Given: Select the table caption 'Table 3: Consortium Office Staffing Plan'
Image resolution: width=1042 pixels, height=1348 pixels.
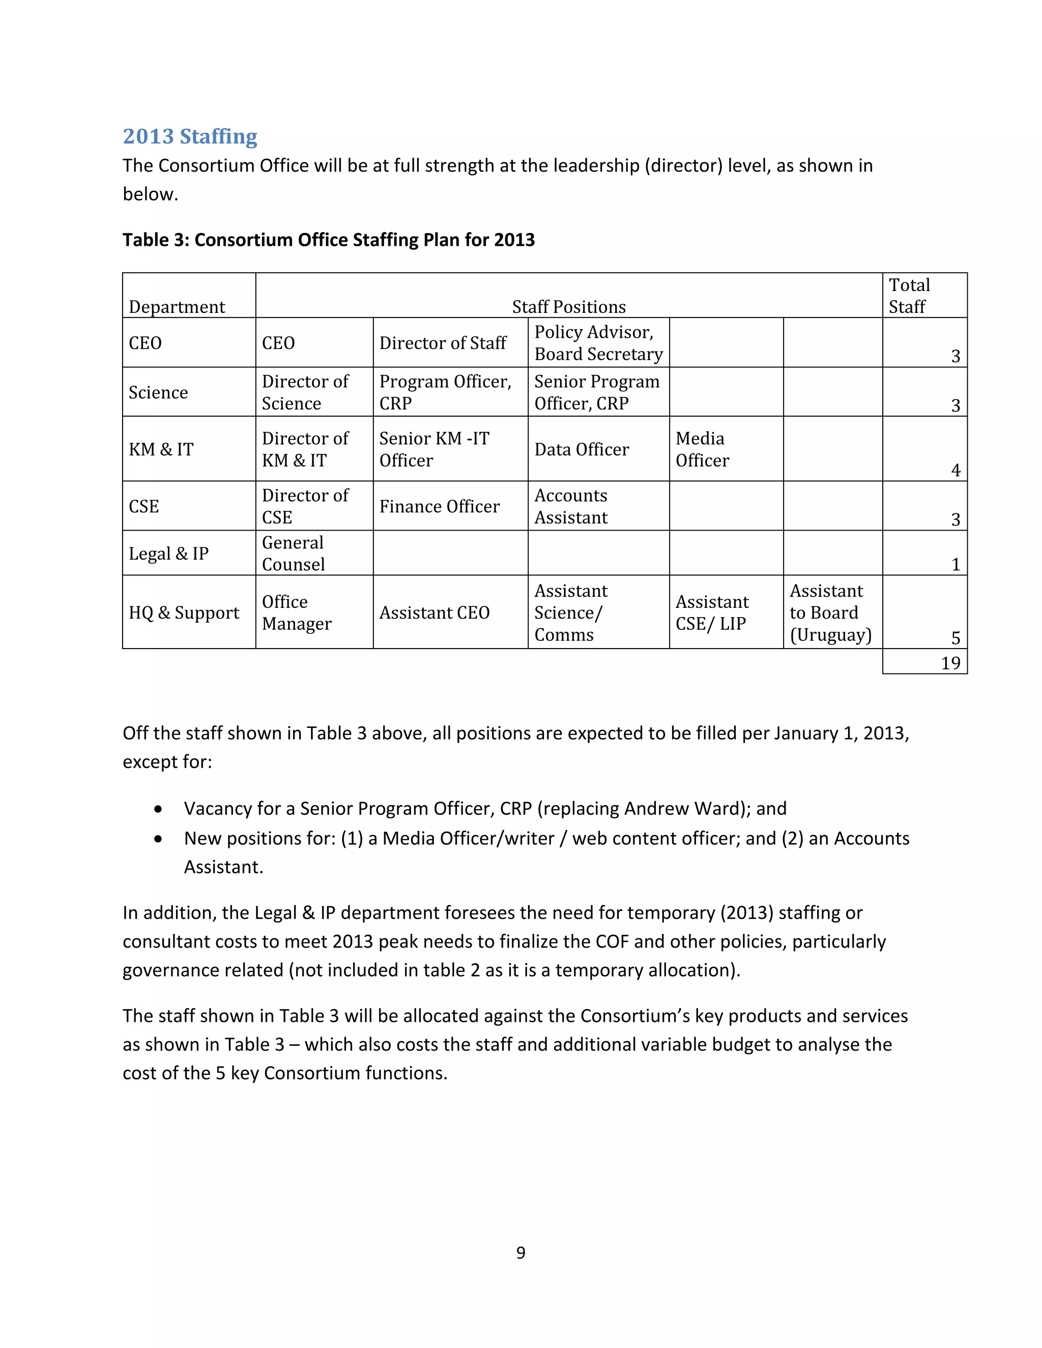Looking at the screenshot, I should pyautogui.click(x=328, y=240).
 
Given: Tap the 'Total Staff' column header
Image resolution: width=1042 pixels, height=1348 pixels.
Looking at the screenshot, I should pyautogui.click(x=909, y=296).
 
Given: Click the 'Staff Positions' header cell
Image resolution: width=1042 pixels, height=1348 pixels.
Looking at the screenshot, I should pyautogui.click(x=568, y=307).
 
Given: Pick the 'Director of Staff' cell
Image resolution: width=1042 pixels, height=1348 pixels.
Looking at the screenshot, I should pyautogui.click(x=443, y=343).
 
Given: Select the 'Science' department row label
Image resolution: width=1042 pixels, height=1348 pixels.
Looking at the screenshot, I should pyautogui.click(x=158, y=393).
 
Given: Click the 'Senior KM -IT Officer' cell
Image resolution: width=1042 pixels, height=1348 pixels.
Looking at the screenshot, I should pyautogui.click(x=434, y=449).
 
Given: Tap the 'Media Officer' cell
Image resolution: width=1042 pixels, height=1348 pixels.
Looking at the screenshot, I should pyautogui.click(x=702, y=449).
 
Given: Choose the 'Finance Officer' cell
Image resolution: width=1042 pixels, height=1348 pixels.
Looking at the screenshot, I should pyautogui.click(x=439, y=506).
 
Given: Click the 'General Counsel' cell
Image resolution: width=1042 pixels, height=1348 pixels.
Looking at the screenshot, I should pyautogui.click(x=293, y=553).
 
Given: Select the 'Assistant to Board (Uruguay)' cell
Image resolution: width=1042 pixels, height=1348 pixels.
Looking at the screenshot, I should pyautogui.click(x=830, y=613).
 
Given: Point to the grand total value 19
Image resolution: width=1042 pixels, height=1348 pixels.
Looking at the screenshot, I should pyautogui.click(x=950, y=663).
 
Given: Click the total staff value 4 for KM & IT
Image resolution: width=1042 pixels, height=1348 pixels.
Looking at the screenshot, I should pyautogui.click(x=956, y=471).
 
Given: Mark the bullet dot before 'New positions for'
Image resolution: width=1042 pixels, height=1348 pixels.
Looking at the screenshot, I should pyautogui.click(x=159, y=839).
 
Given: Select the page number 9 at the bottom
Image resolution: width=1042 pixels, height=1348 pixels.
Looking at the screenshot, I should pyautogui.click(x=521, y=1252).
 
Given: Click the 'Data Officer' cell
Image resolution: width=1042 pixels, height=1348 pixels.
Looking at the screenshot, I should pyautogui.click(x=582, y=449).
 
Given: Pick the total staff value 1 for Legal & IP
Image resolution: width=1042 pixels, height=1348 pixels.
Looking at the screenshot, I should pyautogui.click(x=956, y=564).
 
